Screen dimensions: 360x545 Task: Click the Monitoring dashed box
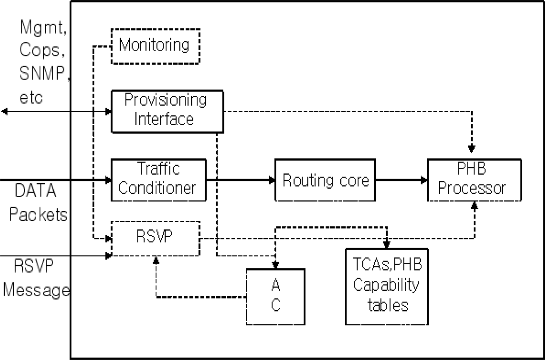(155, 46)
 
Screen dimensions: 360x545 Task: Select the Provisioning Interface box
(167, 112)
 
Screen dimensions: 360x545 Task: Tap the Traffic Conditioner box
(158, 180)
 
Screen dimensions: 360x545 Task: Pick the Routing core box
(325, 180)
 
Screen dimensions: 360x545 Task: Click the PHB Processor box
(474, 180)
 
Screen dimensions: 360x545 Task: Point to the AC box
(276, 296)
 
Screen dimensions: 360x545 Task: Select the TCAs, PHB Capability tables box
(387, 287)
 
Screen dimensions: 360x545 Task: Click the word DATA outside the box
(35, 191)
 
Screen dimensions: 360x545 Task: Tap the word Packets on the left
(38, 215)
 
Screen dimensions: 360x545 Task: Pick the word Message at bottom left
(36, 290)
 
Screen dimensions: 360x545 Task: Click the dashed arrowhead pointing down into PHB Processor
(472, 148)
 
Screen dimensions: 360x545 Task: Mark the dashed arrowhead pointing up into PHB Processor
(474, 206)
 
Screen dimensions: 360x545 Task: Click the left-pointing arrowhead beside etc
(4, 112)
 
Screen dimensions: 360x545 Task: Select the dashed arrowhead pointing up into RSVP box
(156, 260)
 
